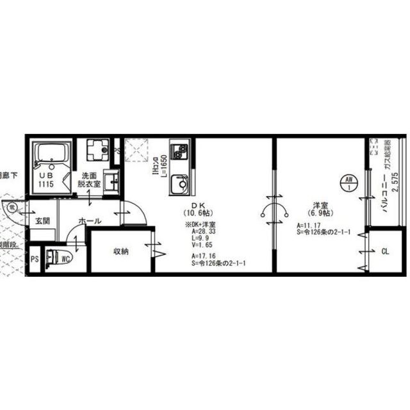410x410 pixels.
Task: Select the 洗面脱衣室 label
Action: [x=89, y=179]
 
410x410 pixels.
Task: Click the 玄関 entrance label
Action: [x=42, y=221]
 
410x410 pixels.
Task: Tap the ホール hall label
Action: [x=89, y=221]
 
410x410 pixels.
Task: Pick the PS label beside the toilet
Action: [x=33, y=259]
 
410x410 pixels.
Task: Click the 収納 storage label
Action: [x=121, y=251]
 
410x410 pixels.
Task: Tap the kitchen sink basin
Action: [x=179, y=185]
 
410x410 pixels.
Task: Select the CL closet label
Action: [x=385, y=251]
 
